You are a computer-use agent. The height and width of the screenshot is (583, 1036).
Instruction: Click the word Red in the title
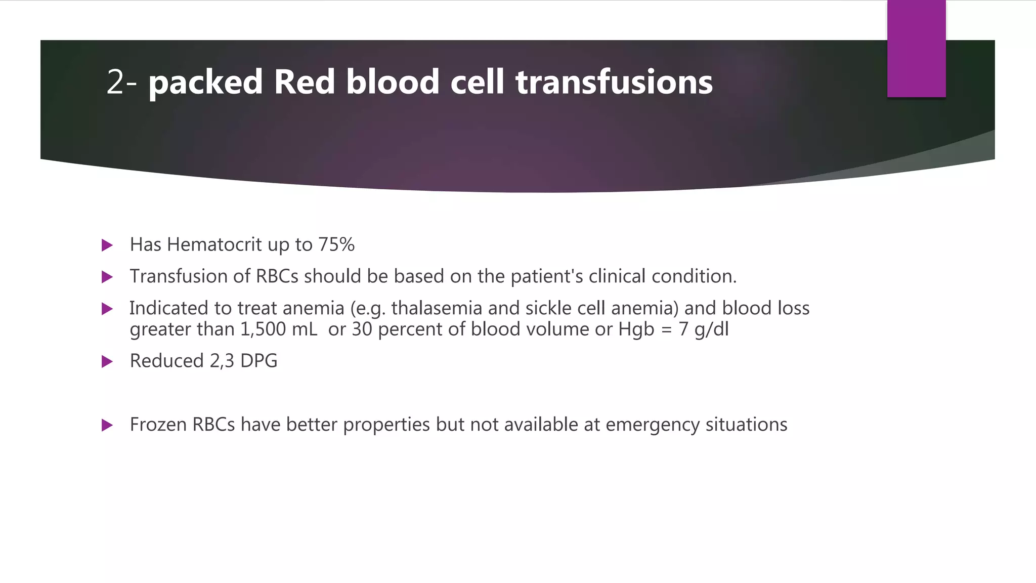[x=304, y=82]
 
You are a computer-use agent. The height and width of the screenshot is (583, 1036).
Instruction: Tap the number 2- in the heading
[x=121, y=82]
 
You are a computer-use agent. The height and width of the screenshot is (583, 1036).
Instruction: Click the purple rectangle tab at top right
[x=916, y=49]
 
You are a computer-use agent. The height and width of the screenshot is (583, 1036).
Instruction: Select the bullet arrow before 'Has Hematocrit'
[x=107, y=245]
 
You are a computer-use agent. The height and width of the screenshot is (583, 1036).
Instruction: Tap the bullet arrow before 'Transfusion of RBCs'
[x=107, y=277]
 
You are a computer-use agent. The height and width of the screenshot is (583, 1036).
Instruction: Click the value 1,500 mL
[x=278, y=329]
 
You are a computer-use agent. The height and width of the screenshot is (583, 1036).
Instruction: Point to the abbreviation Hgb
[x=636, y=329]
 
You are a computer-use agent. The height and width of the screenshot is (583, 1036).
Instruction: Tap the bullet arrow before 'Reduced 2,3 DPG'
[x=107, y=361]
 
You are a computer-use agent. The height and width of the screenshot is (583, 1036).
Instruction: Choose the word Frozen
[x=158, y=425]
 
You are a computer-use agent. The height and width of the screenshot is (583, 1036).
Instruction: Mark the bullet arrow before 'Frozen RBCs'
[x=107, y=425]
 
